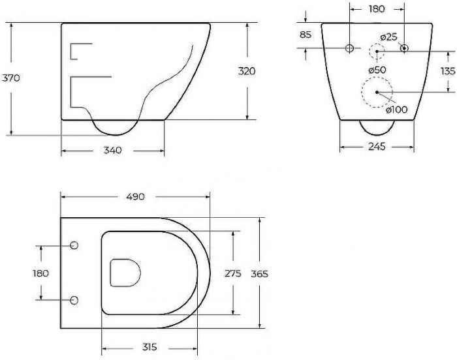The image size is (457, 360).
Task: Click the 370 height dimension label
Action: click(11, 78)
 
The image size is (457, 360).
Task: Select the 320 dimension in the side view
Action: click(247, 71)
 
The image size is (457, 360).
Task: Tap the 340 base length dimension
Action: click(113, 150)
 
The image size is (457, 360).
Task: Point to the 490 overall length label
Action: click(135, 196)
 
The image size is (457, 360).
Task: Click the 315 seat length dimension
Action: click(150, 347)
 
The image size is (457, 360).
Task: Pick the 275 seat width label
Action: click(233, 273)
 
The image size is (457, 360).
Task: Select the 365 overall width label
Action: click(259, 274)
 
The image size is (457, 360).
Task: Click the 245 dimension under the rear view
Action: click(377, 146)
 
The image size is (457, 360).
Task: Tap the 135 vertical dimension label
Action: click(448, 71)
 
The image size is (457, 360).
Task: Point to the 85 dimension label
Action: click(306, 35)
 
